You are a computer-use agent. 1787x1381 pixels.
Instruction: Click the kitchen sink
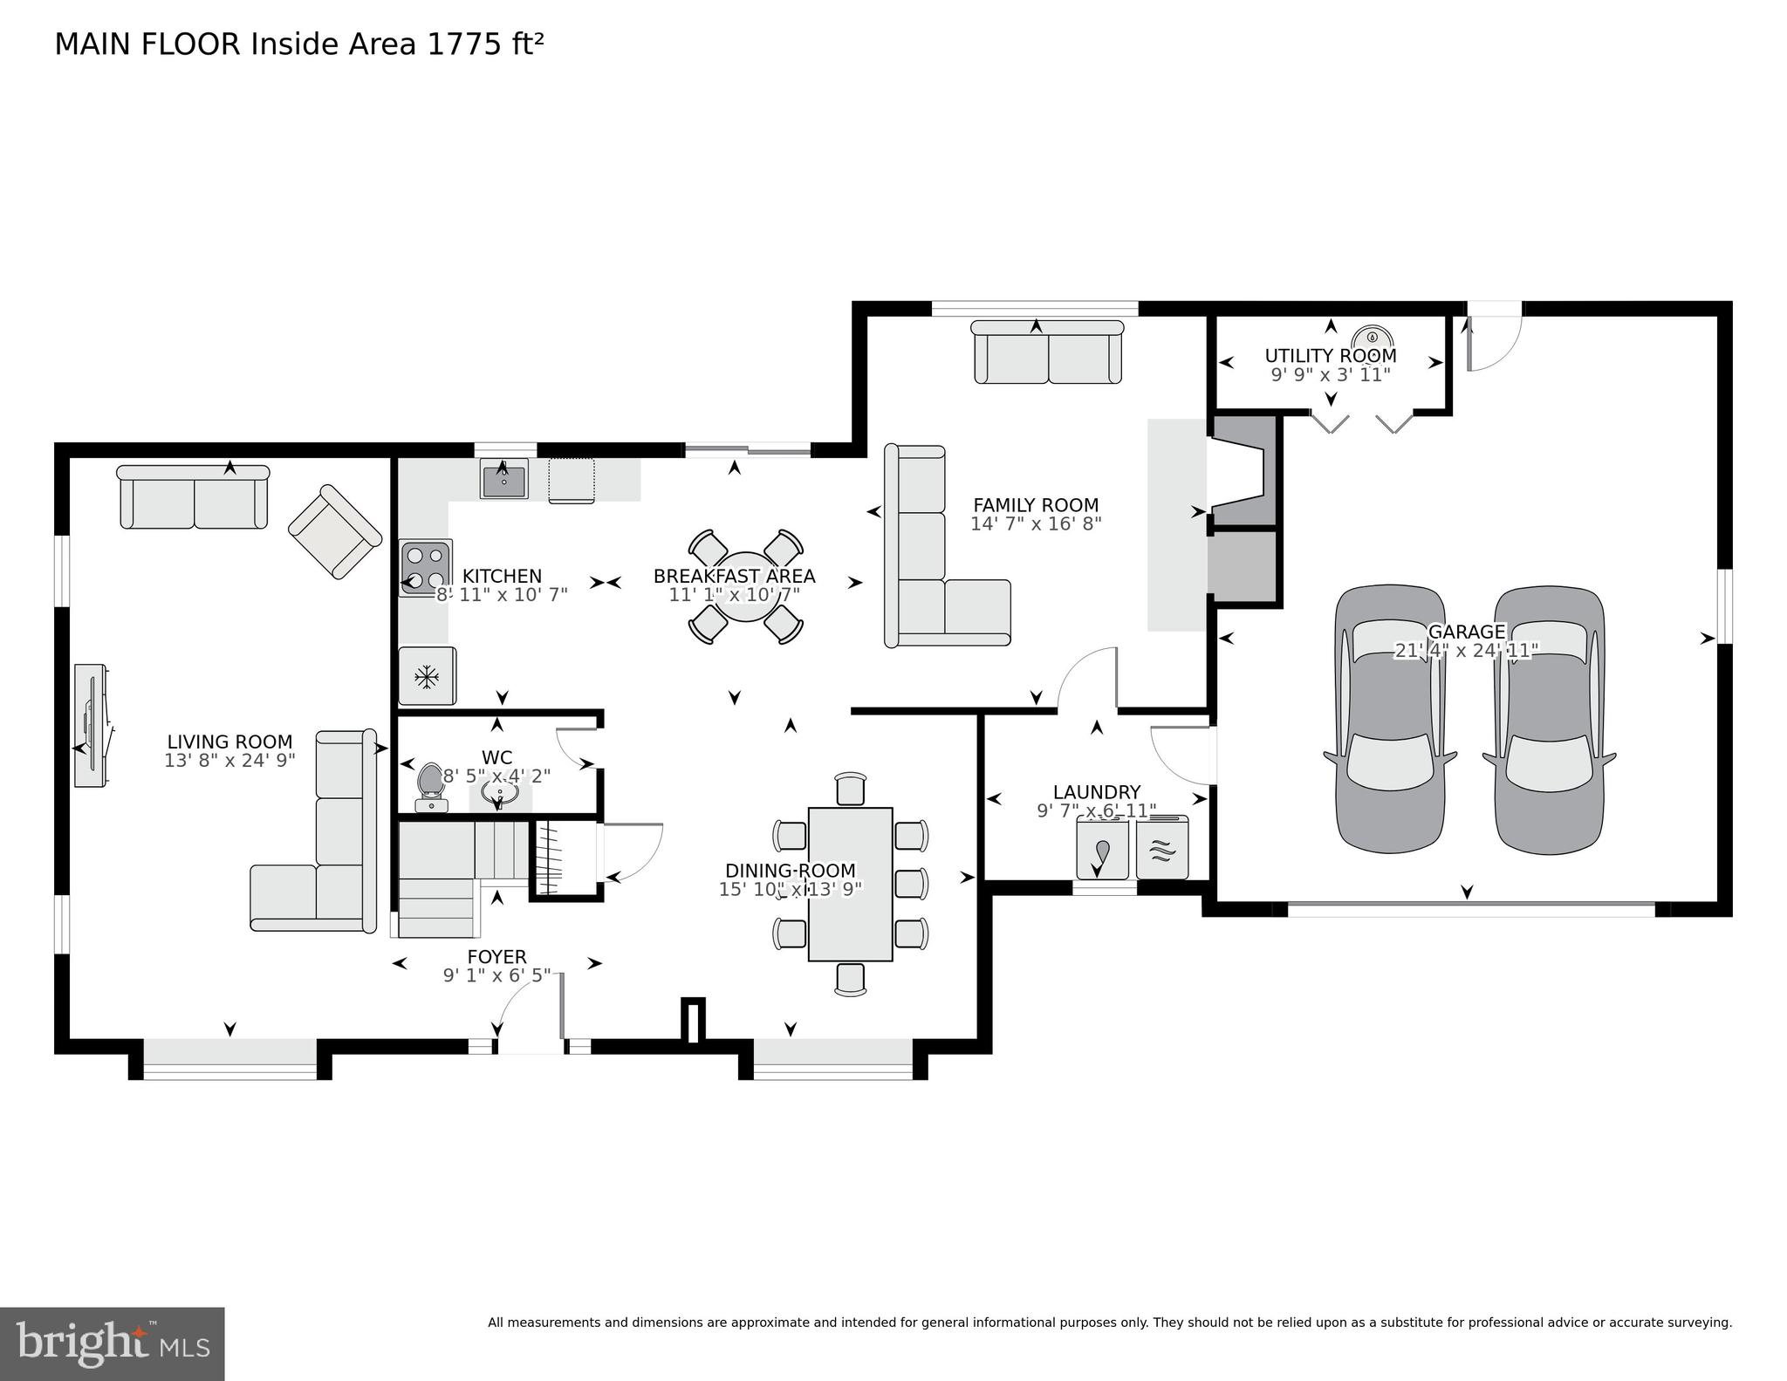(x=503, y=481)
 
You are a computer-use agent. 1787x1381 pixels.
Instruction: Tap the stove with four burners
(x=426, y=567)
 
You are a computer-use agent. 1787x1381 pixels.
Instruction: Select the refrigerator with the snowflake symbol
(x=427, y=675)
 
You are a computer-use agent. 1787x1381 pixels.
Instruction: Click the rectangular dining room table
(x=850, y=884)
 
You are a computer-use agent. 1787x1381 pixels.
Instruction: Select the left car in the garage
(x=1389, y=718)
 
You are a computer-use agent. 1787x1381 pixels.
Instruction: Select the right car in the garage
(x=1548, y=718)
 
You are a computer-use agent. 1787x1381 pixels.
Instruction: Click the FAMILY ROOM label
(x=1036, y=505)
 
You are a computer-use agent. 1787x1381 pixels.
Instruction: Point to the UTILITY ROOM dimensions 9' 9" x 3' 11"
(x=1330, y=375)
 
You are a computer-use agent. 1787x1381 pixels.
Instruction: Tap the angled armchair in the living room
(x=335, y=531)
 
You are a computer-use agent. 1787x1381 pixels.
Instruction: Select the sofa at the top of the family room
(x=1047, y=352)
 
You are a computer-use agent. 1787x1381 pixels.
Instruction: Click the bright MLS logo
(x=112, y=1343)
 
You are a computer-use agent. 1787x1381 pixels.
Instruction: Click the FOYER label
(x=496, y=957)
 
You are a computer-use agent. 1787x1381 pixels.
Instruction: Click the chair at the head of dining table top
(x=850, y=789)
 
